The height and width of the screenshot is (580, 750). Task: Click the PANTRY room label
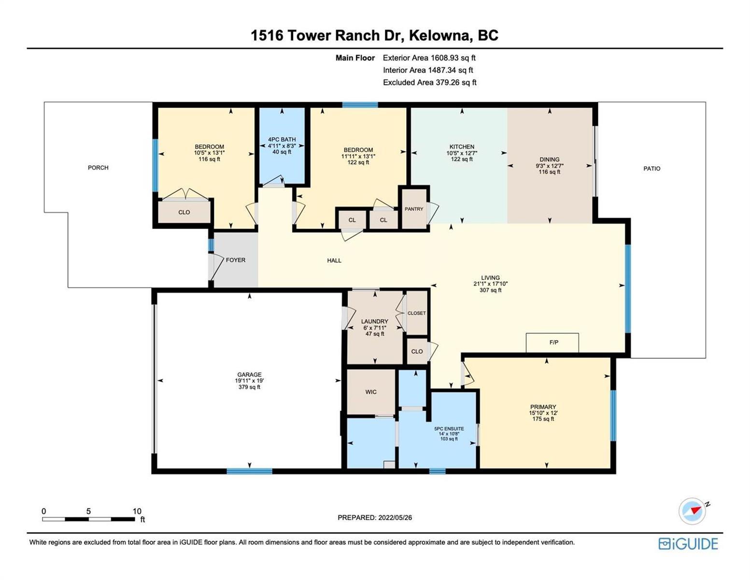click(x=413, y=209)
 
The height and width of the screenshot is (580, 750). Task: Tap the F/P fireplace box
click(x=552, y=342)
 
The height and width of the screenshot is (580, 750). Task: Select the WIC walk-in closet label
click(x=371, y=391)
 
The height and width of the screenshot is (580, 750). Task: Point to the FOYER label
click(x=235, y=260)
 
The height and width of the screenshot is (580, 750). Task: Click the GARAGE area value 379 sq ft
click(x=249, y=387)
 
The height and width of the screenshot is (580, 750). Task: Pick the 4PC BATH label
click(x=282, y=140)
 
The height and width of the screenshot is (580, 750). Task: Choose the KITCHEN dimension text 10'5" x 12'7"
click(x=462, y=153)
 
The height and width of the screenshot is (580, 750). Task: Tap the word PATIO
click(x=651, y=169)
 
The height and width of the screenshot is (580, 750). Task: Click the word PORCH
click(x=98, y=168)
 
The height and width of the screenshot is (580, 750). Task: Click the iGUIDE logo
click(x=688, y=544)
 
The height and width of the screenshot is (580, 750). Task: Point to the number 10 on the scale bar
click(x=137, y=511)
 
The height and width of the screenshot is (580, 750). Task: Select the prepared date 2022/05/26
click(x=395, y=518)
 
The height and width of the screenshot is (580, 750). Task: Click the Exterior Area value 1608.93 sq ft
click(x=453, y=58)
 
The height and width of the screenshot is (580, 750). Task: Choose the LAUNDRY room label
click(x=374, y=321)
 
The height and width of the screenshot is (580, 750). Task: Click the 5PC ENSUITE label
click(x=449, y=429)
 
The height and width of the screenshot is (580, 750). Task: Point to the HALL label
click(x=334, y=261)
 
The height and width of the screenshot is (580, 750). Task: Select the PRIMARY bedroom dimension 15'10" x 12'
click(x=543, y=413)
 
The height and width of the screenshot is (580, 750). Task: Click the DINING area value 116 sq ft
click(x=550, y=172)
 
